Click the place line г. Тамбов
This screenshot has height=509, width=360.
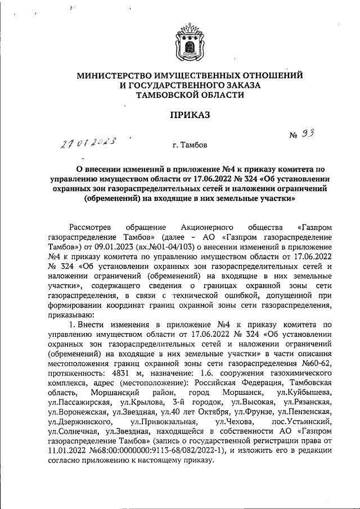tap(190, 146)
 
